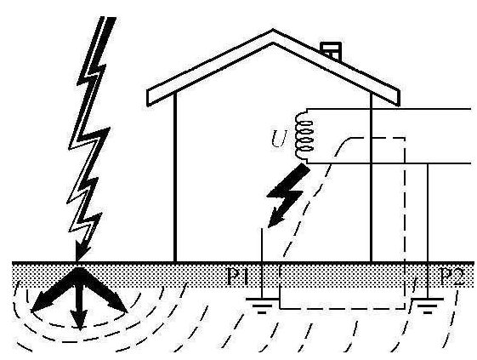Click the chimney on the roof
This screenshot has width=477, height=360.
click(x=331, y=49)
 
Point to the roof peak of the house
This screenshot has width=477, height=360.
click(x=273, y=34)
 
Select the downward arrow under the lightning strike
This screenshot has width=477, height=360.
click(x=78, y=306)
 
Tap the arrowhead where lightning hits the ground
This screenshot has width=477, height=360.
click(x=78, y=253)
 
